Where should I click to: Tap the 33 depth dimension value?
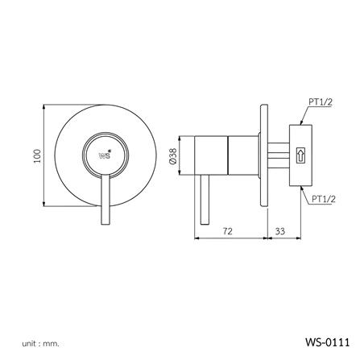(279, 230)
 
